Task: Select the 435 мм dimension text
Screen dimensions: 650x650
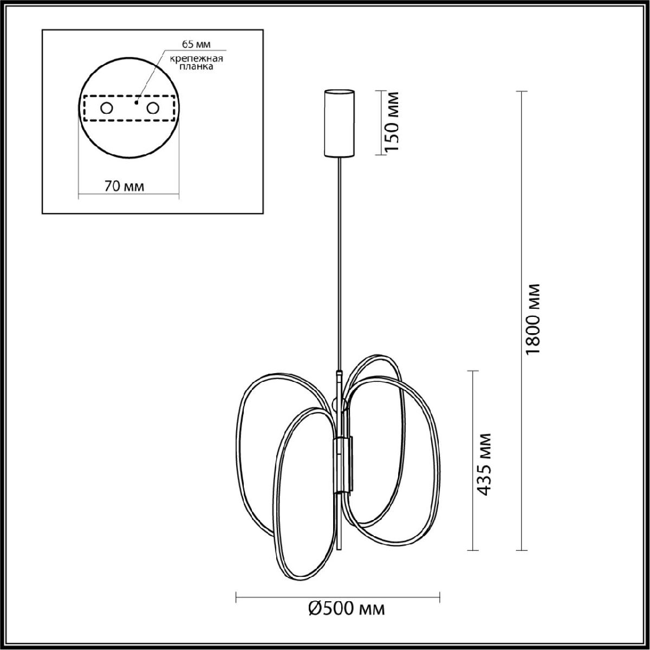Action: click(x=484, y=464)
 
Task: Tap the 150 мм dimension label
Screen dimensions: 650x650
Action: click(x=392, y=122)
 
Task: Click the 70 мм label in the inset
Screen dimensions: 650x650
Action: click(x=124, y=186)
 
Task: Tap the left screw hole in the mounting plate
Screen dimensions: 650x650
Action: click(x=106, y=108)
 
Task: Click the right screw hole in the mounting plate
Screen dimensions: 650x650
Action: click(x=153, y=108)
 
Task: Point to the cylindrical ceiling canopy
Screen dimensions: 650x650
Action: click(x=339, y=122)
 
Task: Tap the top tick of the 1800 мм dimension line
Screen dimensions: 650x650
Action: click(x=521, y=92)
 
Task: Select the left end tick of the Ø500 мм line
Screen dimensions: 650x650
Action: click(x=237, y=597)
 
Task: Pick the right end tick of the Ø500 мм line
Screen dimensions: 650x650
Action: click(x=439, y=597)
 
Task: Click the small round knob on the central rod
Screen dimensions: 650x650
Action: click(x=340, y=404)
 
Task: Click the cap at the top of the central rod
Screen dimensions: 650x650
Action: click(x=339, y=373)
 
